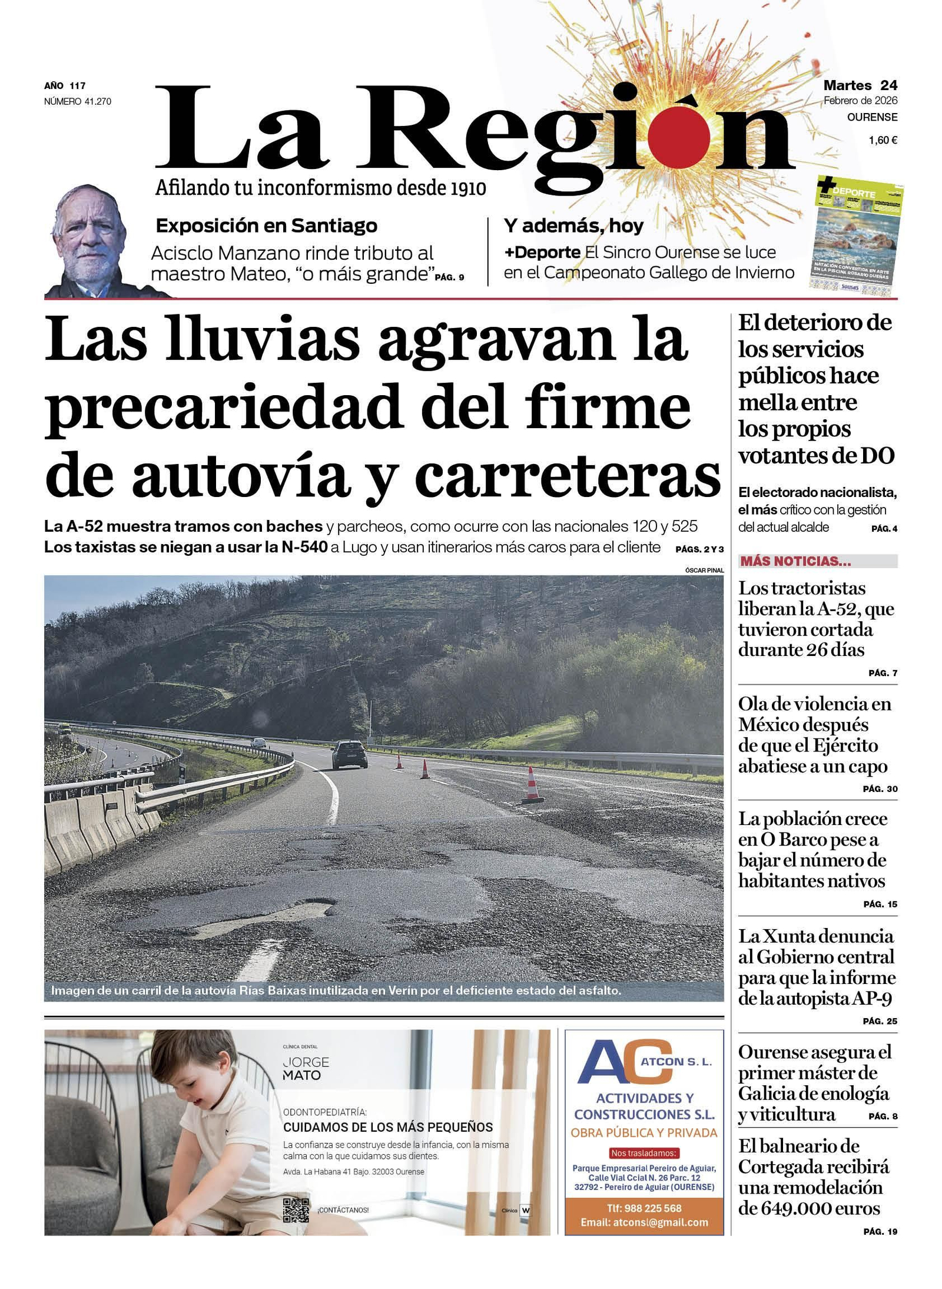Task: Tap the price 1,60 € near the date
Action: click(x=883, y=140)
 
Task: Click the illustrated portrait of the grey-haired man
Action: click(x=91, y=241)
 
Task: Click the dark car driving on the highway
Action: click(x=349, y=754)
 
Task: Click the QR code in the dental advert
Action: click(x=296, y=1210)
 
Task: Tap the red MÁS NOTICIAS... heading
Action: click(x=795, y=561)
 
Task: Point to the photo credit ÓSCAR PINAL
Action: click(x=704, y=570)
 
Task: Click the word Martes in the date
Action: click(x=847, y=86)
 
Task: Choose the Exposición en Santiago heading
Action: click(x=266, y=226)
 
